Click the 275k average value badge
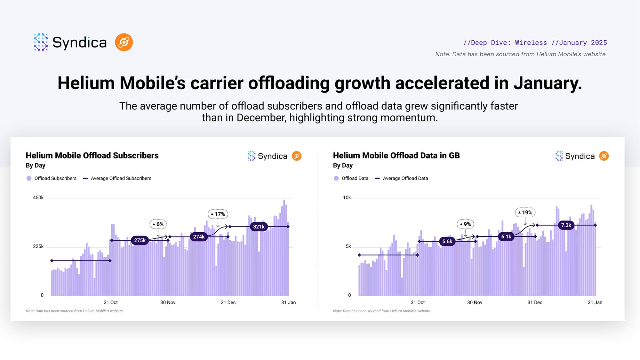tap(140, 240)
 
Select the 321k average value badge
tap(259, 227)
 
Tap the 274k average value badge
tap(199, 237)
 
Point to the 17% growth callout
tap(218, 214)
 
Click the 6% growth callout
tap(158, 224)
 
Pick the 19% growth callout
tap(525, 212)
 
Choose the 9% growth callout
tap(465, 224)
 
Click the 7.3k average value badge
tap(566, 225)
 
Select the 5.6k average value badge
tap(447, 242)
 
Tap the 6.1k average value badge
tap(506, 237)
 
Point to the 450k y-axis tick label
tap(38, 198)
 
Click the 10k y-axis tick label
tap(347, 198)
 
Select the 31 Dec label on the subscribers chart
tap(228, 302)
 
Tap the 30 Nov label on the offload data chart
tap(475, 302)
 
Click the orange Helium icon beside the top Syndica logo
tap(124, 42)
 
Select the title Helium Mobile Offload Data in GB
tap(396, 156)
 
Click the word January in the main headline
tap(548, 83)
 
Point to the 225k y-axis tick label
tap(38, 246)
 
